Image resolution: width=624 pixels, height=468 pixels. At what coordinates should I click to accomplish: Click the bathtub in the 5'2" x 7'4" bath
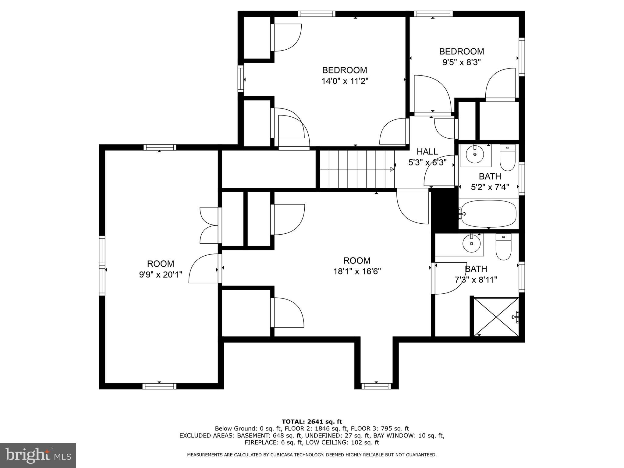489,214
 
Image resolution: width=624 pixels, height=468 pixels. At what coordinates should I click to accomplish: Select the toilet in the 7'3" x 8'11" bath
503,247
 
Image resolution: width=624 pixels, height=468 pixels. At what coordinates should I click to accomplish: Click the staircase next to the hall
356,169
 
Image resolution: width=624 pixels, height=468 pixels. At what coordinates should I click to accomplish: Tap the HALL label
427,151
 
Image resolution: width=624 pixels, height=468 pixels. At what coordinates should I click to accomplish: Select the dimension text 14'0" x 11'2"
345,81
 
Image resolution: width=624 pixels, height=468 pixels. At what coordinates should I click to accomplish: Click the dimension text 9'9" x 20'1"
161,275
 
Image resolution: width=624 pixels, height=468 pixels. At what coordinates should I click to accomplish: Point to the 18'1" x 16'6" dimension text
357,271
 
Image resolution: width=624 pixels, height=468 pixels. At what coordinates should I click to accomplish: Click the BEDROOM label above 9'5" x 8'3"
461,51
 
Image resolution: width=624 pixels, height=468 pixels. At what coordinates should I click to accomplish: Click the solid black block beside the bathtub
445,210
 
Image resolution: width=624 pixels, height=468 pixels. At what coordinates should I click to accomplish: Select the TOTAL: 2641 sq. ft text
312,422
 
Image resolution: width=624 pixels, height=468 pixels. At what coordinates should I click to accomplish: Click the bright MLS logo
38,456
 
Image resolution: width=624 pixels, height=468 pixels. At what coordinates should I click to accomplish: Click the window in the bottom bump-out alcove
376,386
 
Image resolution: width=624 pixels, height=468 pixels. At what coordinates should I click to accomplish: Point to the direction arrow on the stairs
392,169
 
